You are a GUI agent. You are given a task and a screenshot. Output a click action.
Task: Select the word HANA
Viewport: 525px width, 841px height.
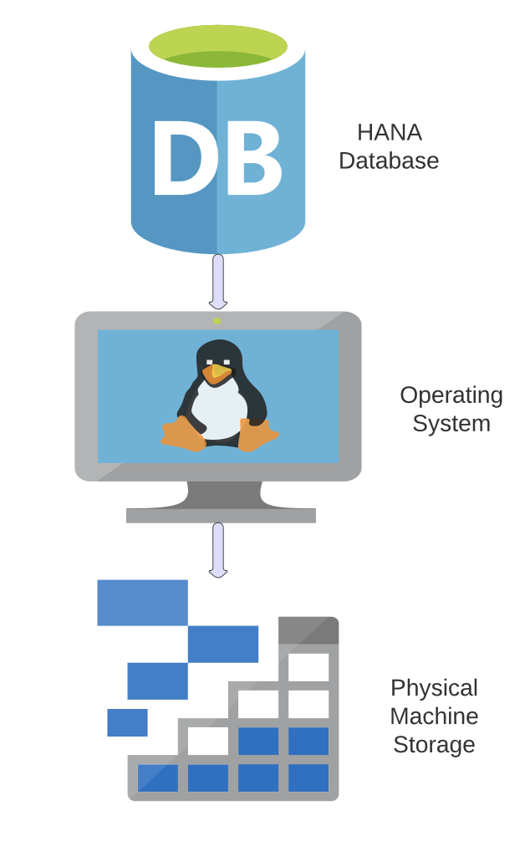389,132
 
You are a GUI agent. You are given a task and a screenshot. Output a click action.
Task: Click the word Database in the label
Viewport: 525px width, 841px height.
389,161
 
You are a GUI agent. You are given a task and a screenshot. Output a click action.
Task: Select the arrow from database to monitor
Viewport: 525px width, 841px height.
218,281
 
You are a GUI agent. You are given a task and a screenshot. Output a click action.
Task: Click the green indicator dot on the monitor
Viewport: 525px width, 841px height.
217,320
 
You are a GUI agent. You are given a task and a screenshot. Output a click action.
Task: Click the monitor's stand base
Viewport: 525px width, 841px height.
221,515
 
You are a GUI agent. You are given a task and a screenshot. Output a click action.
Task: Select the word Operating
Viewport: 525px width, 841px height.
451,395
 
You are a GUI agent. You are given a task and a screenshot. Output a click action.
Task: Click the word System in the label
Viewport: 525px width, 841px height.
451,423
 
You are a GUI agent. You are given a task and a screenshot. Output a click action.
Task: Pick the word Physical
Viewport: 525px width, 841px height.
434,687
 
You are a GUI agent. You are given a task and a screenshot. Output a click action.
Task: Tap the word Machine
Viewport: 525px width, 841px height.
434,716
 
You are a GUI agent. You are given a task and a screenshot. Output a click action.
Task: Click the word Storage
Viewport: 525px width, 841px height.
434,744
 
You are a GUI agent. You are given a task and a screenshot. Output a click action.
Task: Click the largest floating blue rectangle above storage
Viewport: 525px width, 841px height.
142,602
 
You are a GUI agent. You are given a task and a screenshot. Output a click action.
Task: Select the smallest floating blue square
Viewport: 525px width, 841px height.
127,722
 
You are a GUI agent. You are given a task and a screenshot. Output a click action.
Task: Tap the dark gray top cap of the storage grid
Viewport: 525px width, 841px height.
308,629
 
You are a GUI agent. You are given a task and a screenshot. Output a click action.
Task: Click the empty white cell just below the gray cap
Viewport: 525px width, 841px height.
308,666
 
